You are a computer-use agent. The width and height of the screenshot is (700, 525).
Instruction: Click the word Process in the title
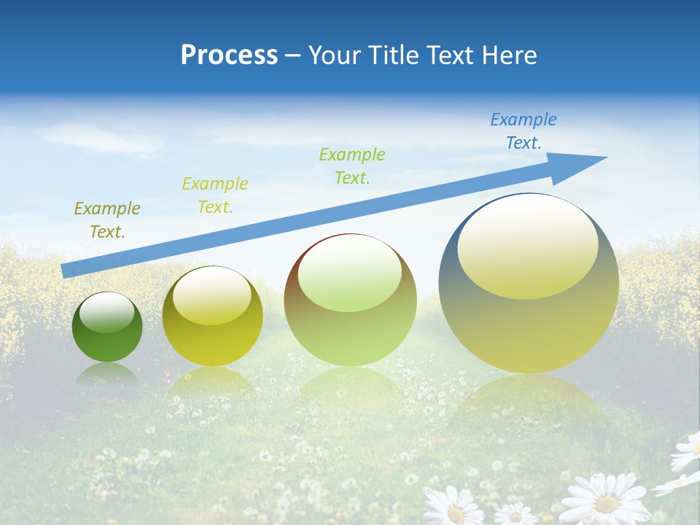pyautogui.click(x=229, y=55)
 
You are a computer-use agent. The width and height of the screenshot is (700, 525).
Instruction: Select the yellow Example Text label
pyautogui.click(x=215, y=195)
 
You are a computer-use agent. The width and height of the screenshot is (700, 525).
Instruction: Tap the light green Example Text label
pyautogui.click(x=352, y=166)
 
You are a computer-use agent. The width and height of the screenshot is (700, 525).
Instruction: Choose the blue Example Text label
pyautogui.click(x=524, y=131)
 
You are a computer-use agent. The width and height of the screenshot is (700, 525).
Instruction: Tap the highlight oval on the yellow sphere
pyautogui.click(x=212, y=295)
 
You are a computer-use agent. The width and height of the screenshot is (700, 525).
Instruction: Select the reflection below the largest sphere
pyautogui.click(x=529, y=401)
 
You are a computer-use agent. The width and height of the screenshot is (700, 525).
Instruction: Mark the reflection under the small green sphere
pyautogui.click(x=107, y=376)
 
